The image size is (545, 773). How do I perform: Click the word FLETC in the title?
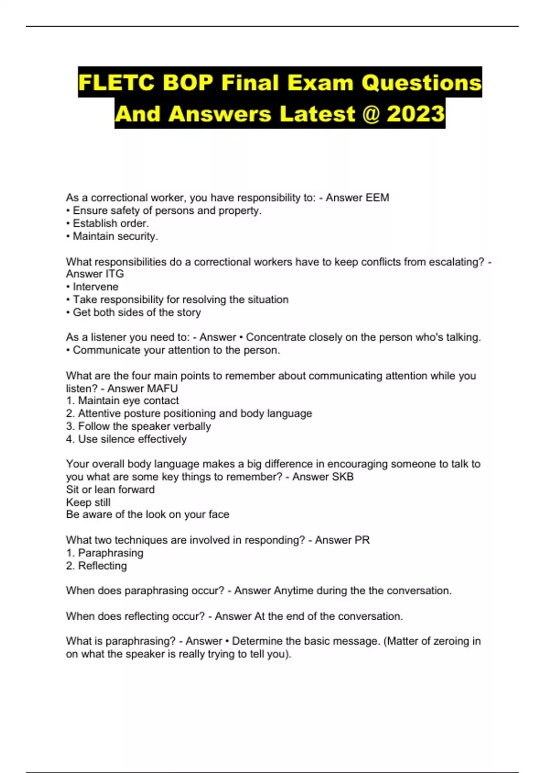tap(116, 83)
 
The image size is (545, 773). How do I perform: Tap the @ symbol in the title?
tap(371, 114)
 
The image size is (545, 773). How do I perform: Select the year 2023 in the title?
tap(415, 114)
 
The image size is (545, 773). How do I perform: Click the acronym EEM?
tap(377, 198)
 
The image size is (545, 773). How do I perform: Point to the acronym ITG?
tap(114, 274)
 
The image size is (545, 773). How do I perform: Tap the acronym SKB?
tap(342, 477)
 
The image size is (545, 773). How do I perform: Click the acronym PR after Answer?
tap(362, 540)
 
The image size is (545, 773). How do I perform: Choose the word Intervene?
tap(95, 287)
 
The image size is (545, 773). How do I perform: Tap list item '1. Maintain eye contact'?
tap(122, 401)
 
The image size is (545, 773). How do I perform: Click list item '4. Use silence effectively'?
tap(126, 439)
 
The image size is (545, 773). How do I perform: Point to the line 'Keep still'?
tap(88, 502)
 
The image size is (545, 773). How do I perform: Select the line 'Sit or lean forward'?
tap(110, 490)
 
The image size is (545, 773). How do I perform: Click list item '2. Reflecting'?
tap(96, 566)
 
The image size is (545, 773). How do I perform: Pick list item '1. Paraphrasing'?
tap(104, 553)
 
